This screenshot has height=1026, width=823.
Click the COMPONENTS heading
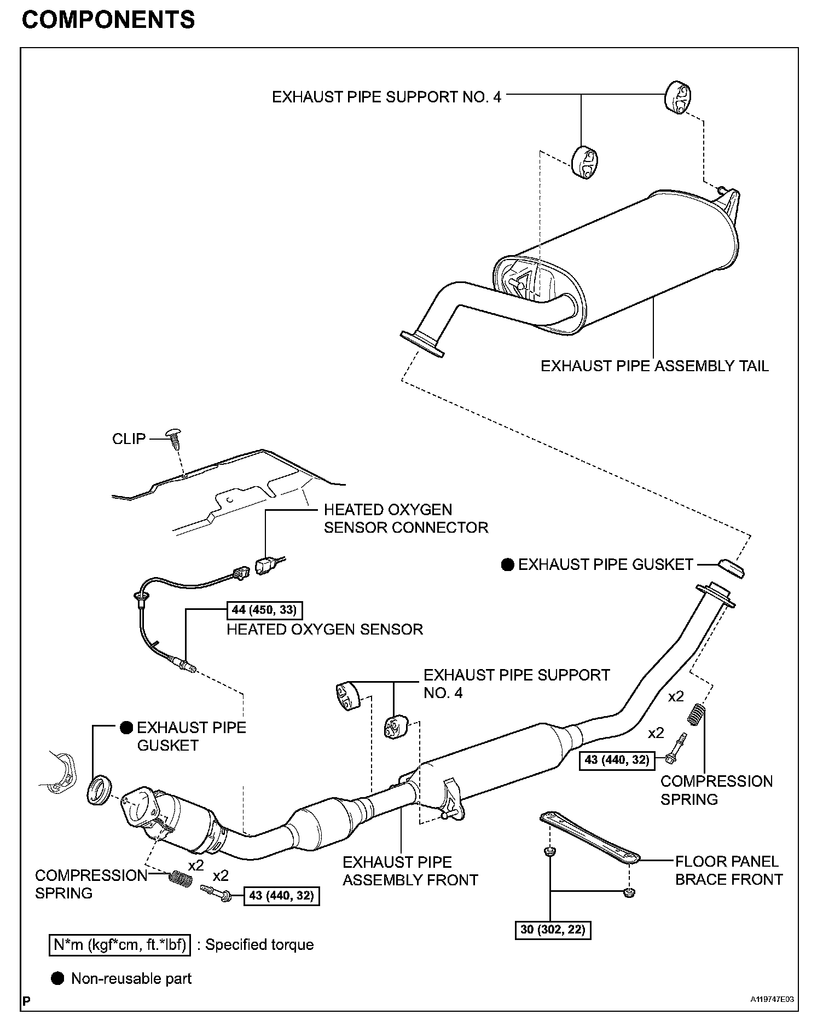[x=108, y=20]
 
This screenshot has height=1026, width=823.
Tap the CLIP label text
[x=129, y=439]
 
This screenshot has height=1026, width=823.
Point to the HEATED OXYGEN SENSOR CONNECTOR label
[x=405, y=518]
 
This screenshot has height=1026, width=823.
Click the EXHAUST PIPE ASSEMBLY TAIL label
[x=654, y=366]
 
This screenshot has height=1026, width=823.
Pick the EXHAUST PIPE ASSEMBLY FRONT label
[x=410, y=871]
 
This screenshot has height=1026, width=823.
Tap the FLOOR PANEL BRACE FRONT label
[x=728, y=871]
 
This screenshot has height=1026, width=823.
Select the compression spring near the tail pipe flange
[x=696, y=715]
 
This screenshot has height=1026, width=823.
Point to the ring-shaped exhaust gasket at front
[x=99, y=790]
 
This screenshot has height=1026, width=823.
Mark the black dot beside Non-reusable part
[x=57, y=978]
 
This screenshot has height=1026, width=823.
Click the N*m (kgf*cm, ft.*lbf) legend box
[x=120, y=945]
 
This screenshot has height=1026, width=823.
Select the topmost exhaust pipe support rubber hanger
[x=679, y=99]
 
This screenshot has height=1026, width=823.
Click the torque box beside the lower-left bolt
[x=281, y=896]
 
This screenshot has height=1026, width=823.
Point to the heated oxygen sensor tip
[x=188, y=667]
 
